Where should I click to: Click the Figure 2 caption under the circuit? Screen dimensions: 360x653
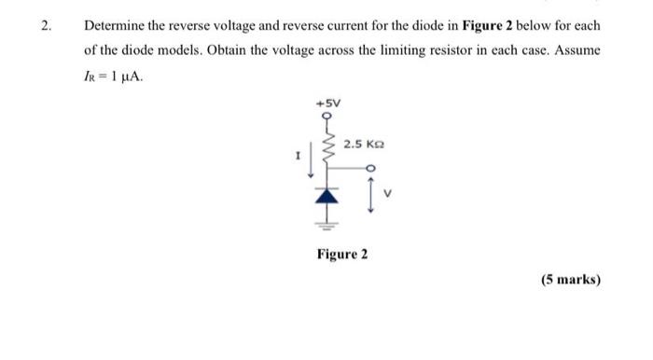coord(341,254)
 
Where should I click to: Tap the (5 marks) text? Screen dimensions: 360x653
coord(570,279)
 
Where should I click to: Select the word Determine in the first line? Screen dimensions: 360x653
coord(115,25)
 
